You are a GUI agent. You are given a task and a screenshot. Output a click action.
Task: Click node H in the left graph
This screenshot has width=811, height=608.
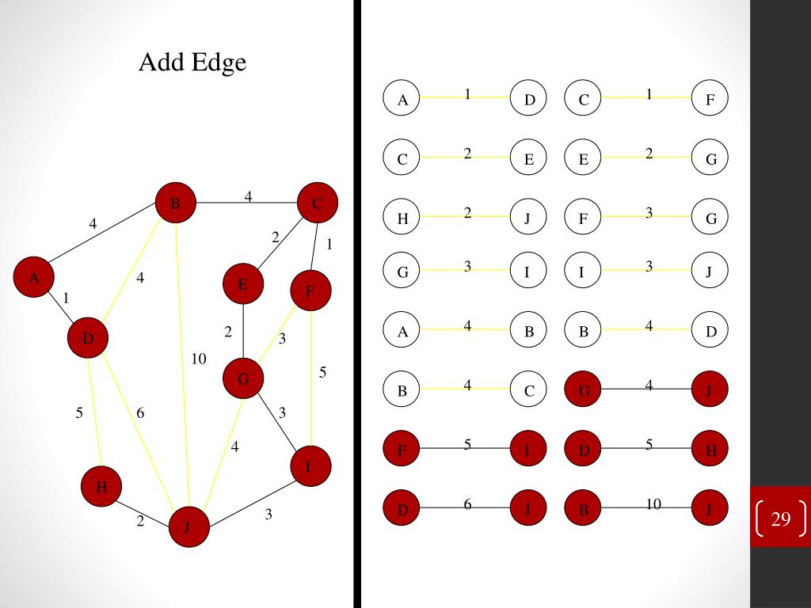point(101,487)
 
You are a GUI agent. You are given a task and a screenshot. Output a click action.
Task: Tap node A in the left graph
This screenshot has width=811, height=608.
point(34,278)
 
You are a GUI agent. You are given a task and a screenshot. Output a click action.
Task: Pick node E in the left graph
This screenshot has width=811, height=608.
point(243,285)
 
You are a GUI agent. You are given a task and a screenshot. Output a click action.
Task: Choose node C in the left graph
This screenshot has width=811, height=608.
point(318,203)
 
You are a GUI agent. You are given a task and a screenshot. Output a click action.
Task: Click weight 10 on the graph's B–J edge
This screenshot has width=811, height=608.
point(199,359)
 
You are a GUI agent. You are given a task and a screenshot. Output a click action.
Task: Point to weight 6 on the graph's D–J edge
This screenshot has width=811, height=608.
point(140,413)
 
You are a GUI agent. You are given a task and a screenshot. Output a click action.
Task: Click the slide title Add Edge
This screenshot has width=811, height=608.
point(192,62)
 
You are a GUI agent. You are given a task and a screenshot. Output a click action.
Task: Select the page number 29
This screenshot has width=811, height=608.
point(781,519)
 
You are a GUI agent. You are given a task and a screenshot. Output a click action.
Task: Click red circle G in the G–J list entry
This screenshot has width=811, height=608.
point(584,389)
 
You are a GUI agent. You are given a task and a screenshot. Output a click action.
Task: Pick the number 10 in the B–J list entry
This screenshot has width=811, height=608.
point(653,503)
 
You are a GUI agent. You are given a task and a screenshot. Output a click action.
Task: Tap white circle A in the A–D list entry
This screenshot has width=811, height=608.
point(402,100)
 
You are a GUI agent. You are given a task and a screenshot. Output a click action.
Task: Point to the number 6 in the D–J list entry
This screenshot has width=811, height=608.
point(468,503)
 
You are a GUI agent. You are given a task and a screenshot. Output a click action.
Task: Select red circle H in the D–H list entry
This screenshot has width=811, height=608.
point(710,450)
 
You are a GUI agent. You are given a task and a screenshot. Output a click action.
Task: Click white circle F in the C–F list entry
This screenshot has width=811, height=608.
point(710,100)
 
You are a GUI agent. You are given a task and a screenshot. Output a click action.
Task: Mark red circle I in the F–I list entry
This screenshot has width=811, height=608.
point(528,450)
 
